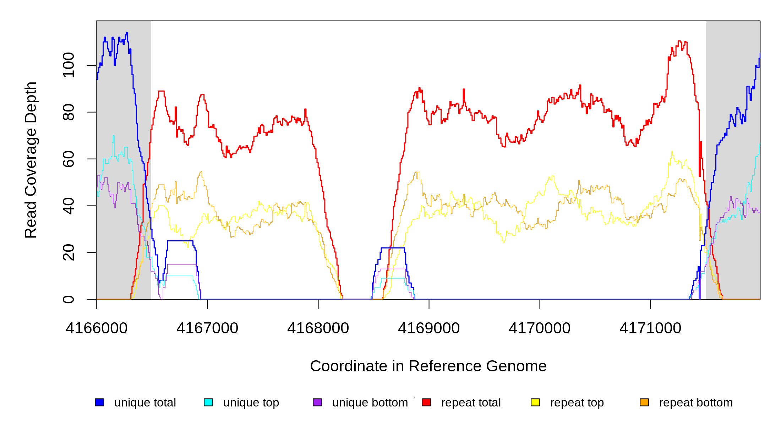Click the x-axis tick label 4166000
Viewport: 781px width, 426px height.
pos(97,328)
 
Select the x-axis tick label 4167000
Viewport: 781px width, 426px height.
pos(207,328)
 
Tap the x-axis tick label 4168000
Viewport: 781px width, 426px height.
pos(318,328)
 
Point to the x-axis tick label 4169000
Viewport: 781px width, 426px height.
pos(429,328)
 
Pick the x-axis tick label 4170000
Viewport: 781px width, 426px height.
pos(540,328)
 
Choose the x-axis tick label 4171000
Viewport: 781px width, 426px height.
pos(650,328)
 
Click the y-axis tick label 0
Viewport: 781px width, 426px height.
pos(68,299)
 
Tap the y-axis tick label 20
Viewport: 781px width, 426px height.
pos(68,252)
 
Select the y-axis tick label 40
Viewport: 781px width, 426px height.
pos(68,206)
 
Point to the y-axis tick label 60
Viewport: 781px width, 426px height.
pos(68,159)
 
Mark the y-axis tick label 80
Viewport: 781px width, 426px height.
pos(68,112)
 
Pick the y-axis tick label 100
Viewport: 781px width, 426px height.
pos(68,65)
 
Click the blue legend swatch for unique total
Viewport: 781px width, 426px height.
pos(99,402)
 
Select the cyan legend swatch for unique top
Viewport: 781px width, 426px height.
pos(208,402)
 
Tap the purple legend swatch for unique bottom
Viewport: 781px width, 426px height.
pos(317,402)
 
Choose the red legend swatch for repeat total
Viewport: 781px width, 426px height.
pos(426,402)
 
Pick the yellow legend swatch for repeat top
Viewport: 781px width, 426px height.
pos(535,402)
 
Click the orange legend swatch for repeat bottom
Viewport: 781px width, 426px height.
pos(644,402)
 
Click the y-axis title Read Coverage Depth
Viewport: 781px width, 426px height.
pos(31,160)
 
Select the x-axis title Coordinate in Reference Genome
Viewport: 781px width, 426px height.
pos(428,366)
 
